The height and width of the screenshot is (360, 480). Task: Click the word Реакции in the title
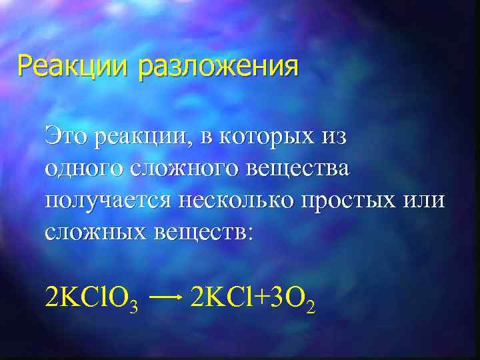click(74, 67)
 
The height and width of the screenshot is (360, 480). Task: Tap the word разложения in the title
click(218, 68)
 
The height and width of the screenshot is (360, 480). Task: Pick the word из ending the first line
click(331, 137)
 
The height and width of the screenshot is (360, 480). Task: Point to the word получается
click(107, 201)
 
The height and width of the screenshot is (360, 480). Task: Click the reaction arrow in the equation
click(166, 297)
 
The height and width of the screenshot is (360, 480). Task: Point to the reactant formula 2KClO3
click(92, 297)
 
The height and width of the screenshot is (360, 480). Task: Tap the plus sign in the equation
click(261, 296)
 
